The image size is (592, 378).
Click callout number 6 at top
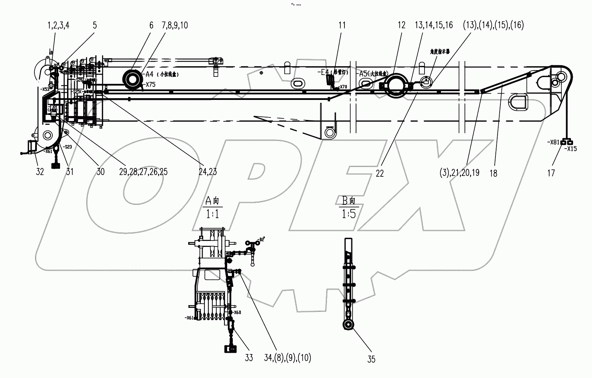coord(151,25)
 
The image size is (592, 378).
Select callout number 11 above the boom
coord(342,25)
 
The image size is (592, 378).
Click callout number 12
coord(401,25)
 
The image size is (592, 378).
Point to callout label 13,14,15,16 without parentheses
coord(434,25)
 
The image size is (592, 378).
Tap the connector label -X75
coord(150,84)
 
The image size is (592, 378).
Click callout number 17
coord(551,173)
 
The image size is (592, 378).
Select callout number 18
coord(493,173)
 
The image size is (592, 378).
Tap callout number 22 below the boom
coord(380,173)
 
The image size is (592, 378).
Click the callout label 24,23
coord(208,171)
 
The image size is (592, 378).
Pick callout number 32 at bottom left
coord(40,171)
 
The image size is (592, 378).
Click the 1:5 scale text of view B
coord(349,214)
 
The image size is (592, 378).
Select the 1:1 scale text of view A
coord(212,214)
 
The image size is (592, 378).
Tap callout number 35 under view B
coord(371,359)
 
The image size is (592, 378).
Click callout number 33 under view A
coord(249,358)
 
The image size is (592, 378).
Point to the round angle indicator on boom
coord(426,82)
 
